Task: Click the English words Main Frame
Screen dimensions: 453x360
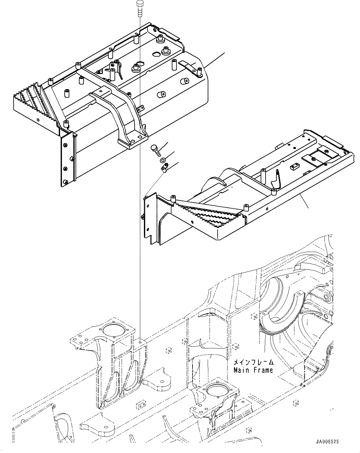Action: click(x=253, y=370)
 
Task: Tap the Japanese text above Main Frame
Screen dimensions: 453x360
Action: click(x=253, y=362)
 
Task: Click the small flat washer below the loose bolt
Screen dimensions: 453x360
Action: click(x=163, y=160)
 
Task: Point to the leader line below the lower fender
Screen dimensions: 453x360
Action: click(x=305, y=201)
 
